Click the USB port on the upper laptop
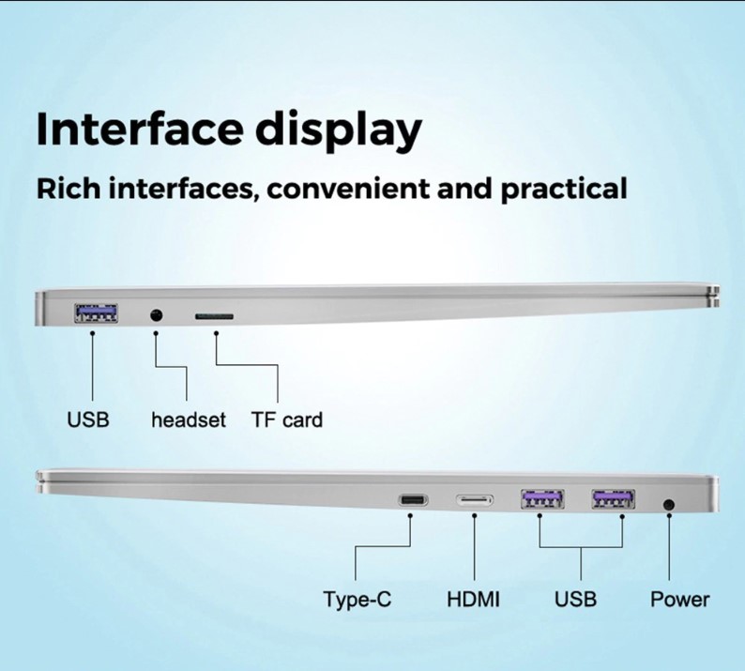[96, 313]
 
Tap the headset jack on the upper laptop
[156, 314]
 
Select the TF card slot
[214, 316]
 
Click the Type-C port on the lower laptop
[413, 500]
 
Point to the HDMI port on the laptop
[475, 500]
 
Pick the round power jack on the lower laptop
[669, 504]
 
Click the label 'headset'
[189, 420]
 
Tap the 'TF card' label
[287, 420]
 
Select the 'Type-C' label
[357, 600]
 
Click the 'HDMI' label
[473, 599]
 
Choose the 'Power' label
[679, 599]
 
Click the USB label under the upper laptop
[88, 420]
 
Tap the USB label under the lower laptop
[575, 599]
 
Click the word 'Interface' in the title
[140, 129]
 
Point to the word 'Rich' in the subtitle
[68, 189]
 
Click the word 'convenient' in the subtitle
[348, 190]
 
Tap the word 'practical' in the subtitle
[564, 190]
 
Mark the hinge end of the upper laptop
[715, 296]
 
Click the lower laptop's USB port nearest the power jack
[614, 499]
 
